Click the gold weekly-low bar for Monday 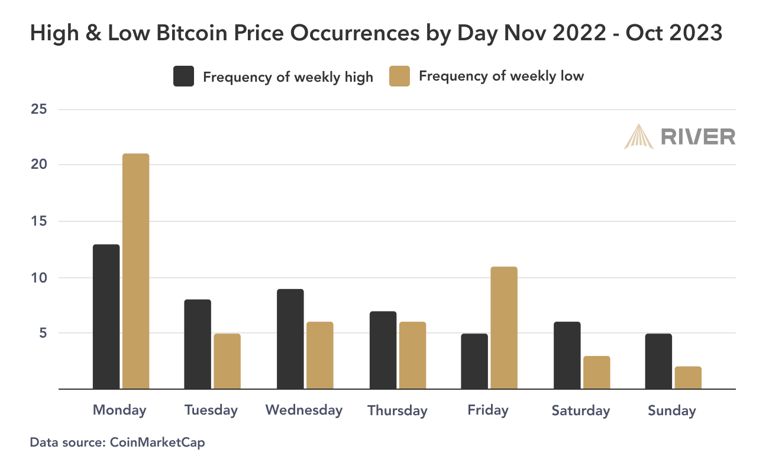[135, 271]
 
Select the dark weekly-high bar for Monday [106, 317]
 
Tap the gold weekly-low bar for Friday [503, 328]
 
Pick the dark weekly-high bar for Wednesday [290, 339]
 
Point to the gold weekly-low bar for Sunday [688, 378]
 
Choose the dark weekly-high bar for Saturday [567, 355]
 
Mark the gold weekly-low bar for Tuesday [227, 361]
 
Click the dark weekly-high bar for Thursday [383, 350]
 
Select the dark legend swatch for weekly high [183, 76]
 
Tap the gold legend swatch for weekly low [399, 76]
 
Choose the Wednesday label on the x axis [304, 410]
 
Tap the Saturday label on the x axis [580, 410]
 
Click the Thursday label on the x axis [397, 410]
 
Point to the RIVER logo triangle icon [638, 136]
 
